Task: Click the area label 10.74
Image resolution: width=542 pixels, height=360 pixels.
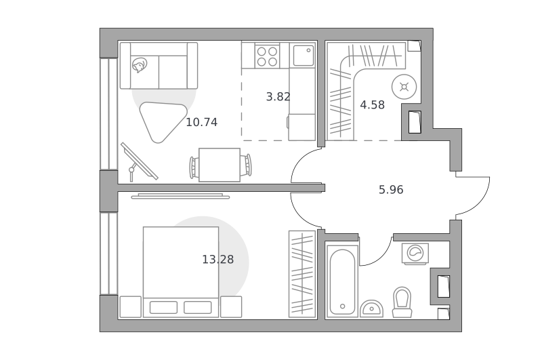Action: [201, 122]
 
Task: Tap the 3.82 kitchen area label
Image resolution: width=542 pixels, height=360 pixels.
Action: [278, 96]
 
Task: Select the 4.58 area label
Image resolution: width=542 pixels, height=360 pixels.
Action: [372, 105]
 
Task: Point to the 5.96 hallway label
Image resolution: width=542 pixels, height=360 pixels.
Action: [391, 190]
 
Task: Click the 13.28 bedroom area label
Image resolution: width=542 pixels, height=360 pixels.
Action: [217, 259]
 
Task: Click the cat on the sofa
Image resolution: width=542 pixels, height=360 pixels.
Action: [139, 64]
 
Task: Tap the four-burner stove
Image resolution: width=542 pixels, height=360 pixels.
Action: [267, 57]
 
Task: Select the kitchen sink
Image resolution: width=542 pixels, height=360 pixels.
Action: [304, 56]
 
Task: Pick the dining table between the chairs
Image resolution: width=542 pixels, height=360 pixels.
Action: [220, 165]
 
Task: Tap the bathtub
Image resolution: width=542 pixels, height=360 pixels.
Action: [342, 281]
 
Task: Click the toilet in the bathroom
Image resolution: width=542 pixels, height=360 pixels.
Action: [402, 302]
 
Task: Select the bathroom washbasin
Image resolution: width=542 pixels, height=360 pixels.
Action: [371, 308]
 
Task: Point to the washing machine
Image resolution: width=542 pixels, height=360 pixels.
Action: [415, 254]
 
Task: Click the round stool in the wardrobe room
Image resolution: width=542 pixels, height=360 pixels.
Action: [404, 87]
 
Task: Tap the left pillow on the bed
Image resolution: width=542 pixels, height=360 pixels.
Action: [163, 307]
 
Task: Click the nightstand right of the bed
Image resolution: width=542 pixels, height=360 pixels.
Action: [231, 306]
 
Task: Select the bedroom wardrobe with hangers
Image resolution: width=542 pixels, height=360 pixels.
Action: [302, 274]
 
